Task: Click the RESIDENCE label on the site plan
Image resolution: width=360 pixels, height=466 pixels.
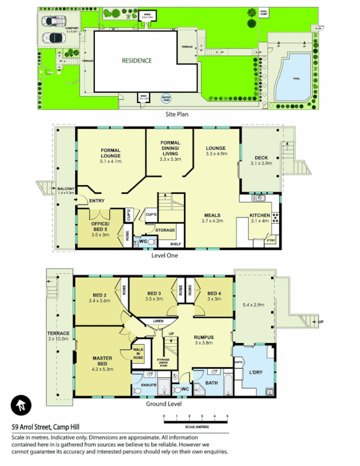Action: click(136, 61)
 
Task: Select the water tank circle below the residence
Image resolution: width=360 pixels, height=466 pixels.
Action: click(166, 98)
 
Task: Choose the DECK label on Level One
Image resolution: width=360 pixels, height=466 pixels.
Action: click(260, 158)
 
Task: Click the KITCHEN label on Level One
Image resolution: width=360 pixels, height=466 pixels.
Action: click(260, 215)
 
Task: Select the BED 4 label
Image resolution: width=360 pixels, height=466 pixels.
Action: click(214, 293)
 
